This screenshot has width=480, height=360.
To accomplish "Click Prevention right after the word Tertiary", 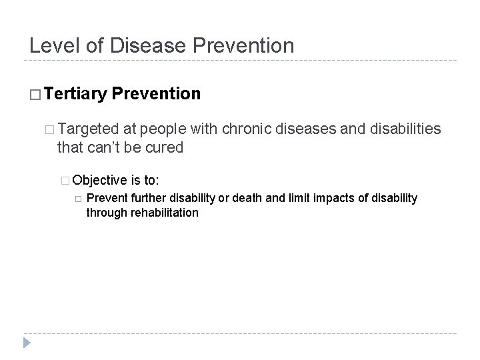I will click(x=157, y=94).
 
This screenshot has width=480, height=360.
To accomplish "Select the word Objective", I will click(x=100, y=180).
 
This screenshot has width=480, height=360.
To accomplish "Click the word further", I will click(x=148, y=198).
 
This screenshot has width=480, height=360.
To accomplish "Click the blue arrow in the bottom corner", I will click(x=27, y=343).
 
